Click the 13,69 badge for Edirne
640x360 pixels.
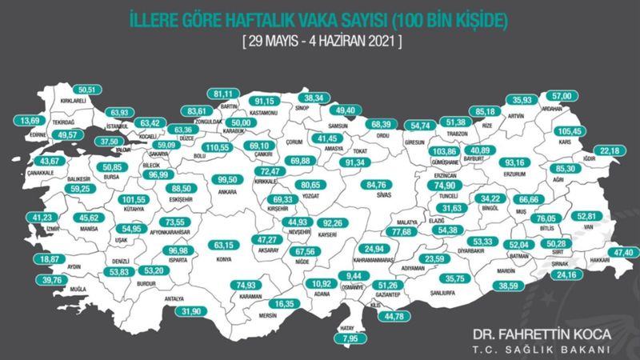pyautogui.click(x=30, y=120)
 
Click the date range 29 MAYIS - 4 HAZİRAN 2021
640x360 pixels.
pyautogui.click(x=319, y=38)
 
